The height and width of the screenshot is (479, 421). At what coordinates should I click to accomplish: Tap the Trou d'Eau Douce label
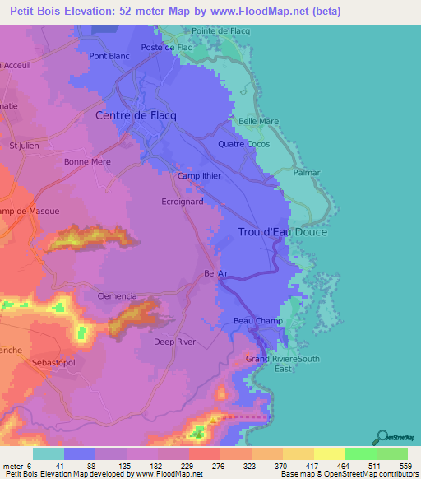coord(282,232)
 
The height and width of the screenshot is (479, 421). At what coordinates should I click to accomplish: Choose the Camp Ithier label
coord(200,176)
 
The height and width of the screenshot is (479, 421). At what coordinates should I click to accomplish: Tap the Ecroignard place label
coord(183,201)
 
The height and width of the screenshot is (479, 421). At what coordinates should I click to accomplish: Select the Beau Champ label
coord(257,321)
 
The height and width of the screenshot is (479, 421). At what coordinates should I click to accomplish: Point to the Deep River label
coord(174,341)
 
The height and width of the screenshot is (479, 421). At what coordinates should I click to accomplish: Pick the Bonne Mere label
coord(87,162)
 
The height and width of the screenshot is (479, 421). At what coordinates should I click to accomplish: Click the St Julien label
coord(25,146)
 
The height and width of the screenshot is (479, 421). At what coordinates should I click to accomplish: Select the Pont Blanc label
coord(109,56)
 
